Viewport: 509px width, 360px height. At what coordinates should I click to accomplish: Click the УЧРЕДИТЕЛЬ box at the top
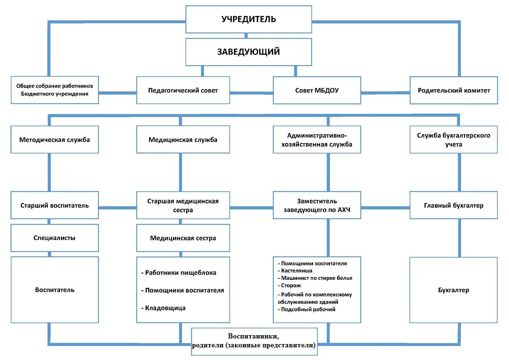click(x=249, y=19)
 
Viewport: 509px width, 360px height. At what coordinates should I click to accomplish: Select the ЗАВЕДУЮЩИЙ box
click(x=249, y=52)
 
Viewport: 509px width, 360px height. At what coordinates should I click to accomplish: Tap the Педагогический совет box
click(x=183, y=90)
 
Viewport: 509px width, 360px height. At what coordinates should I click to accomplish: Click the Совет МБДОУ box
click(x=317, y=90)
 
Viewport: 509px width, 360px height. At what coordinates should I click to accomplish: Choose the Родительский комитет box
click(x=454, y=90)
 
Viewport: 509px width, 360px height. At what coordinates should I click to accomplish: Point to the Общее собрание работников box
click(x=54, y=90)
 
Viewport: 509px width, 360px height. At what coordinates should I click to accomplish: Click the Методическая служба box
click(x=54, y=140)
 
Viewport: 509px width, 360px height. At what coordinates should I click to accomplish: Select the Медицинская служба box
click(x=183, y=140)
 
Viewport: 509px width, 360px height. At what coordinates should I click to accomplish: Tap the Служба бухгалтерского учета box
click(x=454, y=140)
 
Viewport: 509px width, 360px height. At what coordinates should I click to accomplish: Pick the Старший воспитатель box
click(x=54, y=205)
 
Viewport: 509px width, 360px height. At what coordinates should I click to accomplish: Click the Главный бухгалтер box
click(x=454, y=205)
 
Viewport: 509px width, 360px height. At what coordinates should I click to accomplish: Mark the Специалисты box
click(x=54, y=238)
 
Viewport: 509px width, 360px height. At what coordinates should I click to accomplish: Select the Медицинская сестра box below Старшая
click(x=183, y=238)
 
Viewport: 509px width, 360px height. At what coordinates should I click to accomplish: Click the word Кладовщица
click(x=165, y=308)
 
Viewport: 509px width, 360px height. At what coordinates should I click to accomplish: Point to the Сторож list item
click(x=291, y=285)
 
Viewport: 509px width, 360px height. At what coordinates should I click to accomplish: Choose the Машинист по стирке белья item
click(x=316, y=278)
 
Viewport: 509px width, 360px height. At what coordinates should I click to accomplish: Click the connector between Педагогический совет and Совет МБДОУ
click(x=252, y=93)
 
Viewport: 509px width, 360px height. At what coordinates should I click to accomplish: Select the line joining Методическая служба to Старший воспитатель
click(x=49, y=172)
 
